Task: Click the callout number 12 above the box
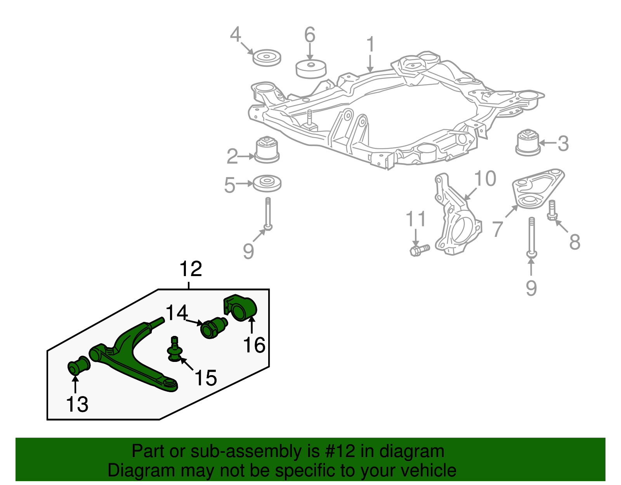coord(191,269)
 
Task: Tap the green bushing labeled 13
coord(79,366)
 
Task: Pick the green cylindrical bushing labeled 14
coord(213,327)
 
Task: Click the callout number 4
coord(235,35)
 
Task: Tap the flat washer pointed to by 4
coord(267,58)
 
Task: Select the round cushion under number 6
coord(310,69)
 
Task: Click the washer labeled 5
coord(267,183)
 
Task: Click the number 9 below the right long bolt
coord(531,288)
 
